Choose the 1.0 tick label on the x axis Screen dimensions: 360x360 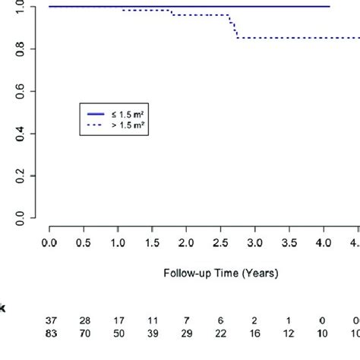[x=118, y=244]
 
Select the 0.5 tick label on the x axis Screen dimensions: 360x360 [x=84, y=244]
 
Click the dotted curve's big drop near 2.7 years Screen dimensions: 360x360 [x=236, y=30]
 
